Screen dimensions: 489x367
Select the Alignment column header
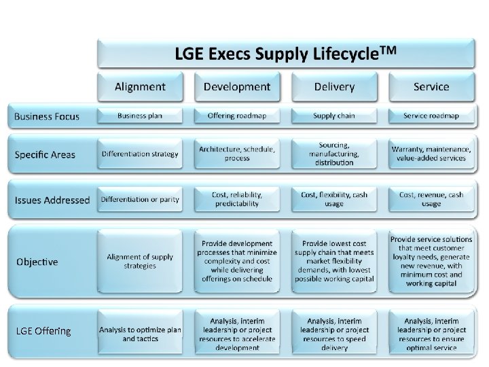[140, 86]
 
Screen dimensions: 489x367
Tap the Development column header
[236, 86]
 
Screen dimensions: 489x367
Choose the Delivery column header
[334, 86]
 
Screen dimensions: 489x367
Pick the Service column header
[431, 86]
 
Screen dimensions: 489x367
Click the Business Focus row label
[47, 116]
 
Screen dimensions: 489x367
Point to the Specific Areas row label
[45, 154]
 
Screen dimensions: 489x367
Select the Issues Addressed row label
[52, 200]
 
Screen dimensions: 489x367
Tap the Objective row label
[37, 262]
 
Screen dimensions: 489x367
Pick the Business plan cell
[140, 116]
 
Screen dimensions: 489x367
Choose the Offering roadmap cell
[236, 116]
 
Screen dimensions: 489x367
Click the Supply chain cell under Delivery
[334, 116]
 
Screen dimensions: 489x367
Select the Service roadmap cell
[431, 116]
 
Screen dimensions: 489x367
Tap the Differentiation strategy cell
[140, 154]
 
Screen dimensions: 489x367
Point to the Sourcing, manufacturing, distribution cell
[334, 154]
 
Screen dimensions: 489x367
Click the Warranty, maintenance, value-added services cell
[431, 154]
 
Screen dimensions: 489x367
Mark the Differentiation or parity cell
[140, 199]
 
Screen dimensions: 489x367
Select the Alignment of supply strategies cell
[140, 261]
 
